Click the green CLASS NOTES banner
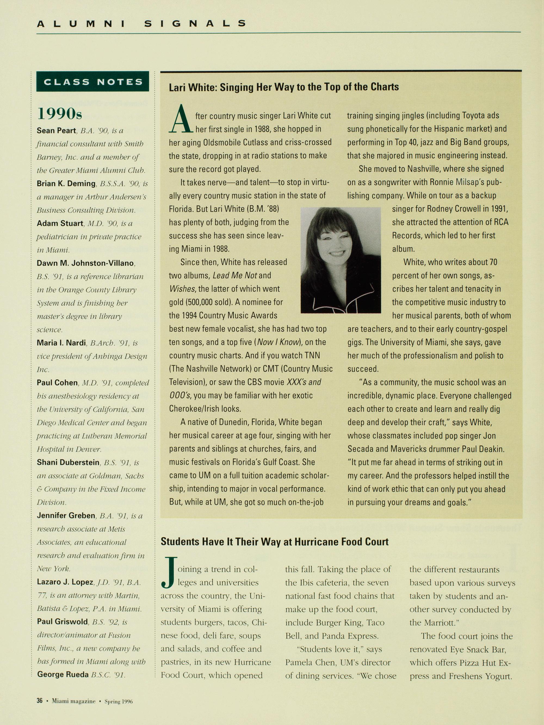pos(93,81)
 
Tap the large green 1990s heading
pos(60,114)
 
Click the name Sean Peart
pos(56,131)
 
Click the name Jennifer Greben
pos(66,515)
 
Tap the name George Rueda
pos(63,674)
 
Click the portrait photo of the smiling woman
pos(341,260)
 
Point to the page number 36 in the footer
pos(39,701)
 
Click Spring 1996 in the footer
pos(118,701)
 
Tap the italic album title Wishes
pos(182,289)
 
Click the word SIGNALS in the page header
pos(196,24)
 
